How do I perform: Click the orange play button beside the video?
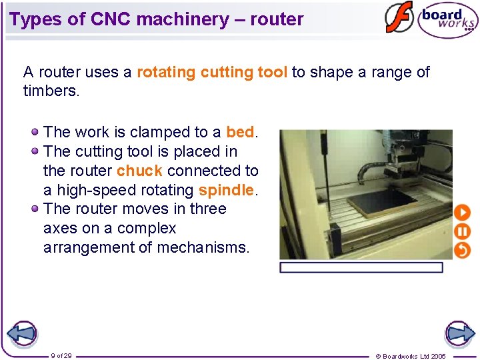coord(462,213)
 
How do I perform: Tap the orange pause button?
coord(462,232)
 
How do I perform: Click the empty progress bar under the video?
coord(361,267)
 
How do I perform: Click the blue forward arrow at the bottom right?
coord(459,333)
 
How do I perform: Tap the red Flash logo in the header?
coord(399,17)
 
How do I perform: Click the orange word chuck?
coord(139,171)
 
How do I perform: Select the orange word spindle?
coord(226,190)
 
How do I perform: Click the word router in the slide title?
coord(277,19)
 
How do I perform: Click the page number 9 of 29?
coord(61,355)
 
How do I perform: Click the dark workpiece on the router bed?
coord(381,202)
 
